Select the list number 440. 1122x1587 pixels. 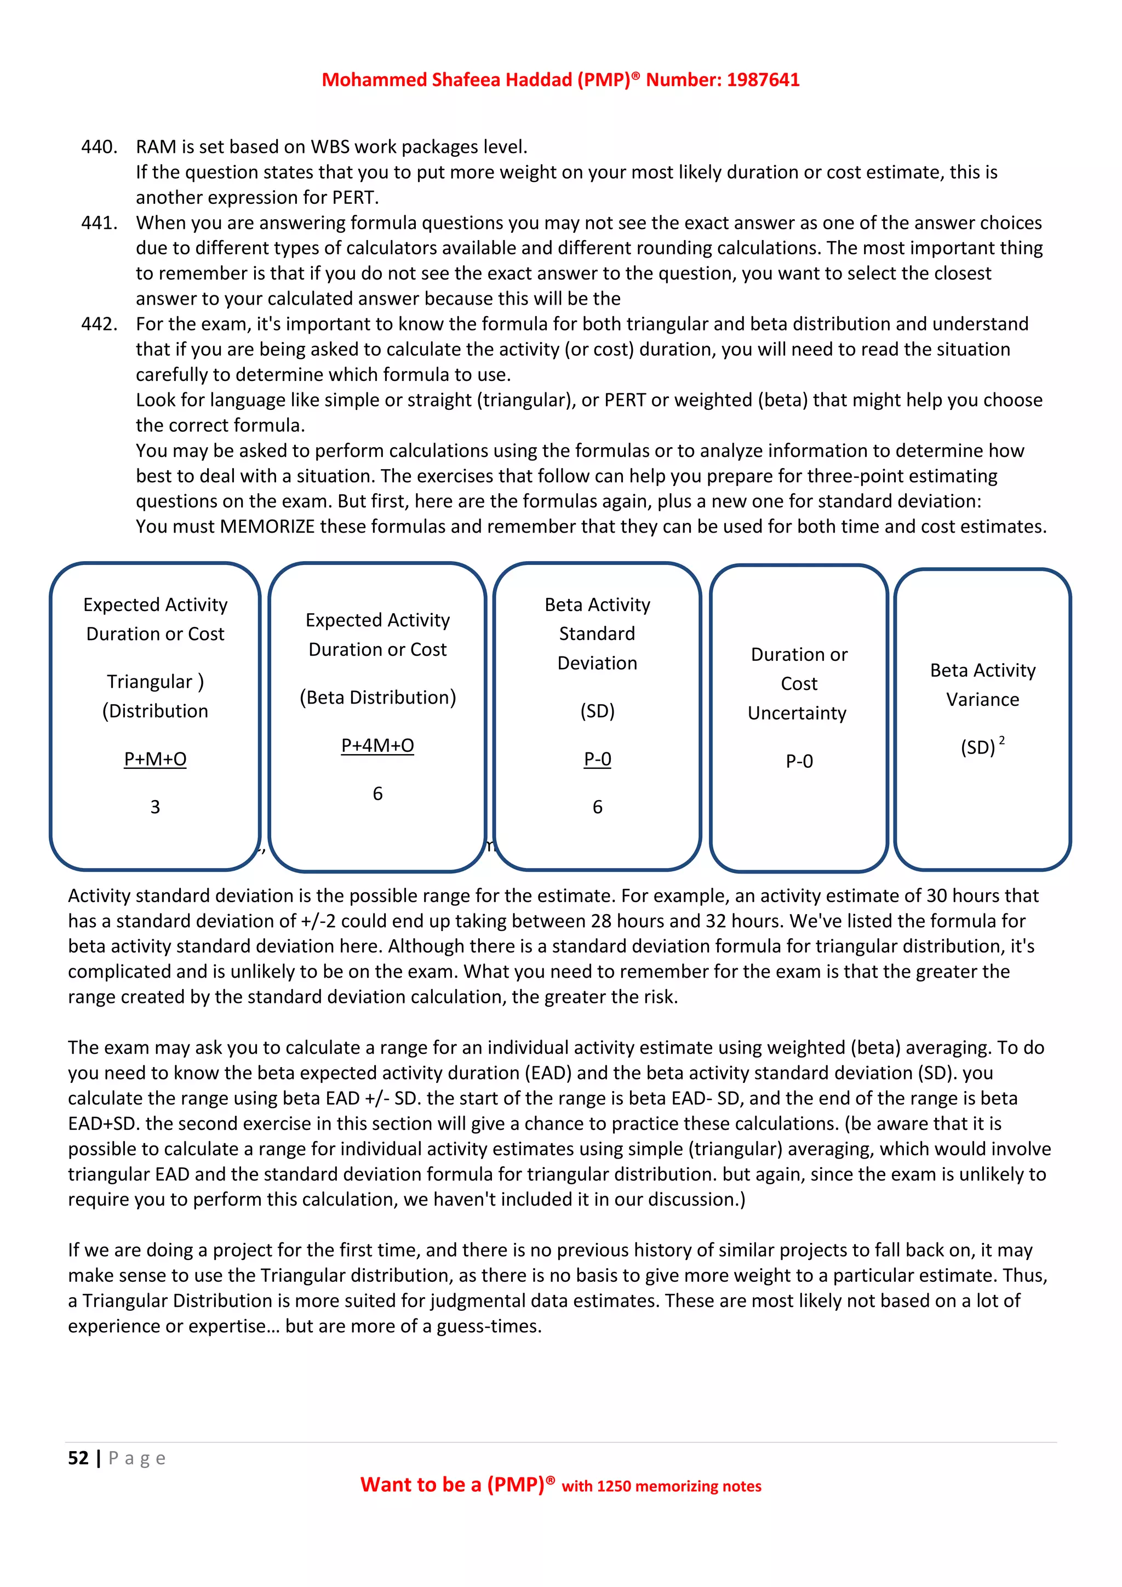pyautogui.click(x=99, y=147)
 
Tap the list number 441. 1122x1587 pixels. pyautogui.click(x=99, y=223)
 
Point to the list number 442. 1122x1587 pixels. pyautogui.click(x=99, y=324)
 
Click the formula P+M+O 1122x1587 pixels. pyautogui.click(x=156, y=759)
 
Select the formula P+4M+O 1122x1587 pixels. pyautogui.click(x=377, y=745)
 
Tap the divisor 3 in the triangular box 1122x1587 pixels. pyautogui.click(x=156, y=807)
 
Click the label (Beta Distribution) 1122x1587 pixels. pyautogui.click(x=377, y=698)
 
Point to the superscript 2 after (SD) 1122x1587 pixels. pyautogui.click(x=1002, y=740)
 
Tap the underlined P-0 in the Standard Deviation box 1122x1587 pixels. pyautogui.click(x=598, y=759)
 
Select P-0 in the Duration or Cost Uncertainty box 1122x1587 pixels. pyautogui.click(x=799, y=761)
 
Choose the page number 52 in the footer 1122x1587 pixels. pyautogui.click(x=78, y=1458)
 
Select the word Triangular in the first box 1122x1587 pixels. pyautogui.click(x=149, y=682)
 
